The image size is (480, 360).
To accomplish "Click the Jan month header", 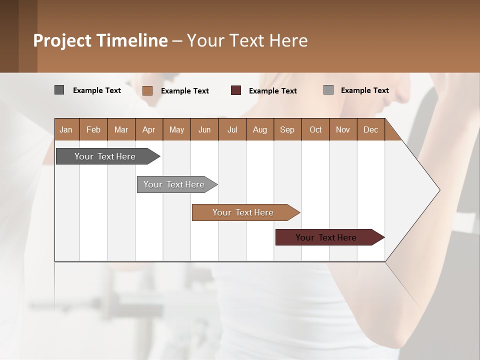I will pyautogui.click(x=66, y=129).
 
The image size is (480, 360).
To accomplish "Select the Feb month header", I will pyautogui.click(x=93, y=129).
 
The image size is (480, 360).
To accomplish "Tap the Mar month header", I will pyautogui.click(x=121, y=129).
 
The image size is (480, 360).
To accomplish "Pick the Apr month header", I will pyautogui.click(x=149, y=129).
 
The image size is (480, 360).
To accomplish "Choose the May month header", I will pyautogui.click(x=176, y=129).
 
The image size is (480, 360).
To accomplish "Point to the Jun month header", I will pyautogui.click(x=204, y=129).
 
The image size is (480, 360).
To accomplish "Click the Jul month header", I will pyautogui.click(x=232, y=129).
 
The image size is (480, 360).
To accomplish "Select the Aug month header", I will pyautogui.click(x=260, y=129).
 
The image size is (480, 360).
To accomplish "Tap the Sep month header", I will pyautogui.click(x=287, y=129).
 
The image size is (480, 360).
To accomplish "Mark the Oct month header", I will pyautogui.click(x=315, y=129).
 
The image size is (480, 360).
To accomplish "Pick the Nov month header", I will pyautogui.click(x=343, y=129).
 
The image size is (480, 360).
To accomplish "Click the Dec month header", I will pyautogui.click(x=371, y=129).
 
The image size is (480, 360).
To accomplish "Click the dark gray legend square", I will pyautogui.click(x=59, y=90).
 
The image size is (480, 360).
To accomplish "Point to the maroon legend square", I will pyautogui.click(x=236, y=90).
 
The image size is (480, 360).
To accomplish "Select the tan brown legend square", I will pyautogui.click(x=147, y=90).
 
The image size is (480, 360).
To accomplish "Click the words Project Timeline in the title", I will pyautogui.click(x=100, y=40).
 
